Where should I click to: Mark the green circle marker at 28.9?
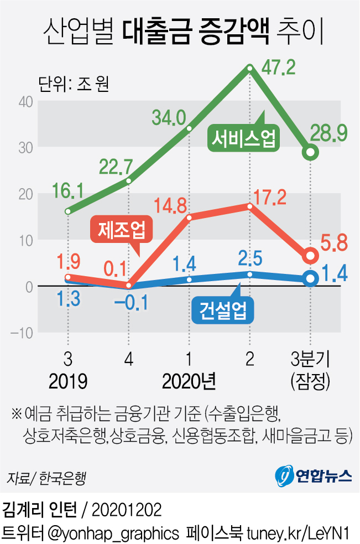pos(311,152)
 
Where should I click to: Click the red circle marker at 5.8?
pos(311,255)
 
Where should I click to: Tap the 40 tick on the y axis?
pos(27,101)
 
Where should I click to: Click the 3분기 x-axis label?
pos(310,360)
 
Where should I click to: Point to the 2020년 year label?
pos(189,381)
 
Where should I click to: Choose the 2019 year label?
pos(68,381)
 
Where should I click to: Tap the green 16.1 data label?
pos(68,191)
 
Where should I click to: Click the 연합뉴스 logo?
pos(313,475)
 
